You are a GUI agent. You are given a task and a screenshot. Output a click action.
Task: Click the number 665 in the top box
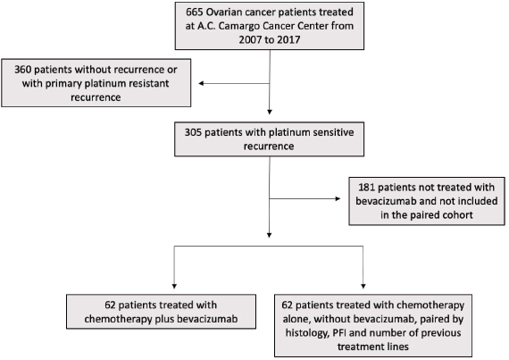(x=195, y=13)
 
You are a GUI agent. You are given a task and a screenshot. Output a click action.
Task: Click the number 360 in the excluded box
(x=22, y=70)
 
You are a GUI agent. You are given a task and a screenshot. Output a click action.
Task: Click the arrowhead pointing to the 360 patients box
(x=201, y=83)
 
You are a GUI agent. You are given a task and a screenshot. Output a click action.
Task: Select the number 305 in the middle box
(x=193, y=132)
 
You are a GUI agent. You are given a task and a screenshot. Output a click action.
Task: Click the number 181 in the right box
(x=366, y=188)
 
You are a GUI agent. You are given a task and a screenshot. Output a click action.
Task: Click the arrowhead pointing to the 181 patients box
(x=338, y=198)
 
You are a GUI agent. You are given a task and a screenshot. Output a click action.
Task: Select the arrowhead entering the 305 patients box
(x=270, y=112)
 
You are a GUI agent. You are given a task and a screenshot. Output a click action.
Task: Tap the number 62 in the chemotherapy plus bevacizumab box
(x=110, y=306)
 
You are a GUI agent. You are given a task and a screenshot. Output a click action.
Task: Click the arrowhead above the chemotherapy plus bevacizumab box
(x=174, y=286)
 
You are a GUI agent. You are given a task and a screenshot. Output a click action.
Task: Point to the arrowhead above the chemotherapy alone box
(x=363, y=286)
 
